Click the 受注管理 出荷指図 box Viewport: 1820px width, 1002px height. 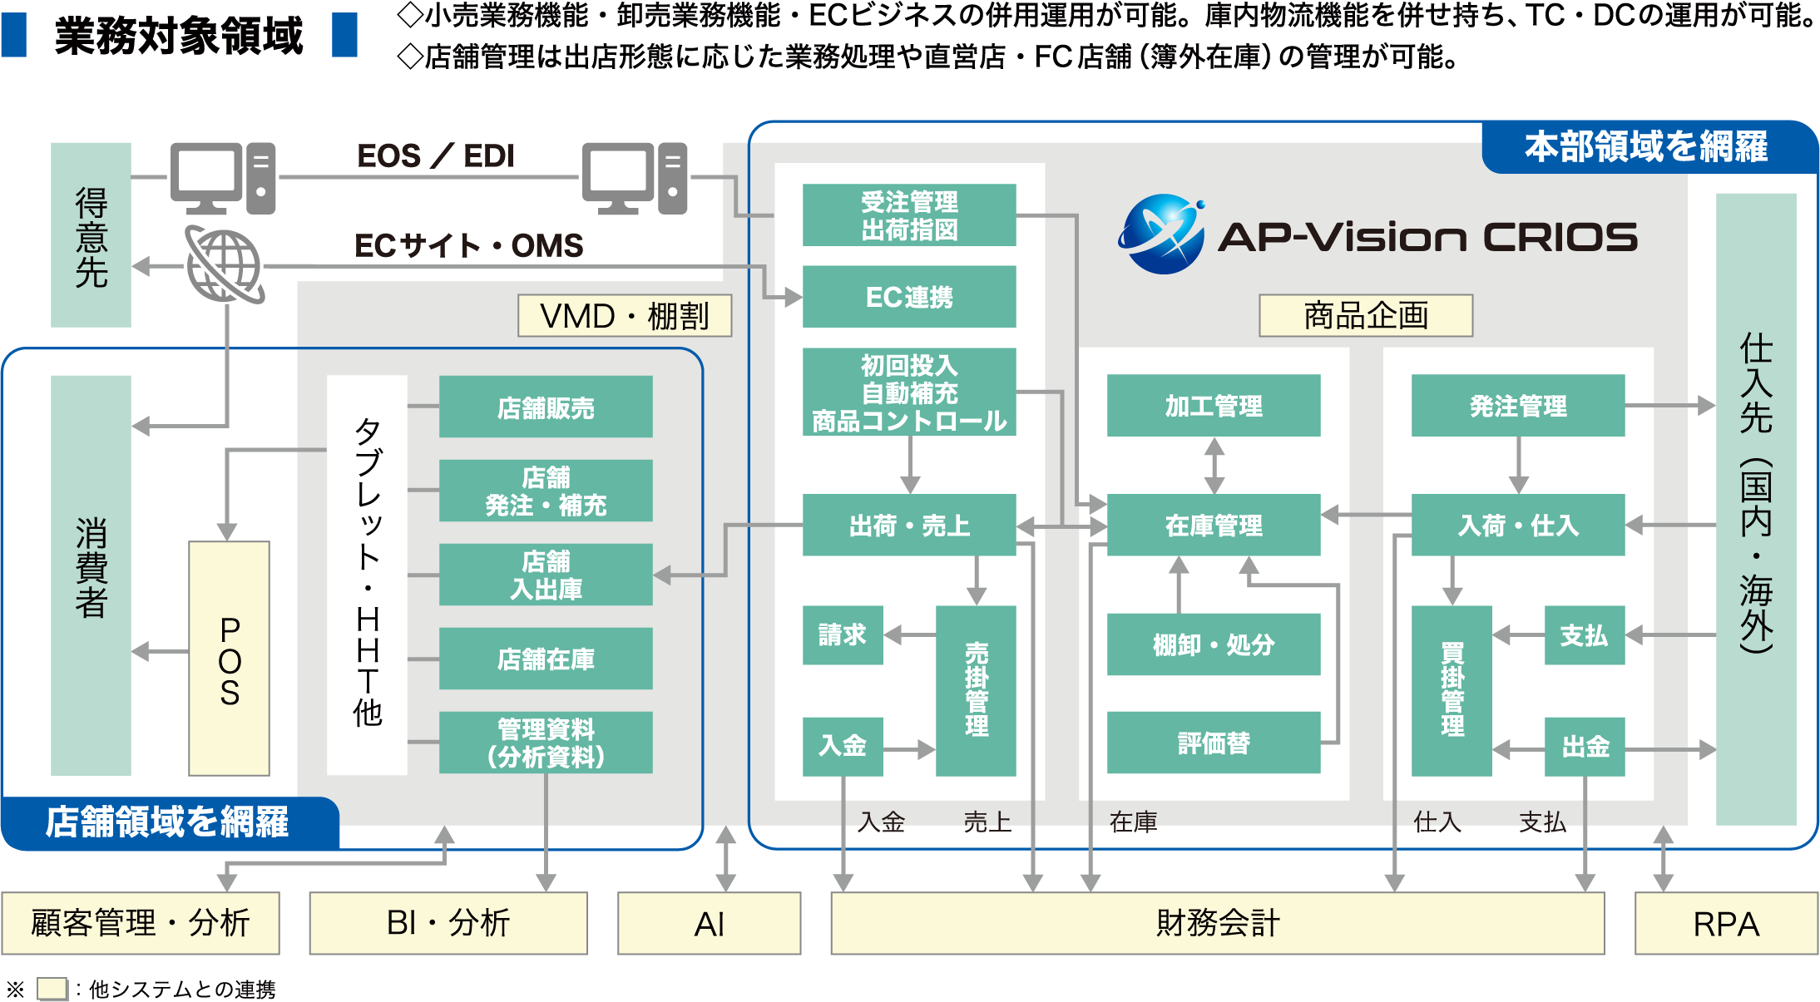pos(908,215)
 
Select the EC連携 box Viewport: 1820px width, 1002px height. pos(908,296)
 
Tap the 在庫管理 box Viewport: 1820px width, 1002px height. pos(1213,525)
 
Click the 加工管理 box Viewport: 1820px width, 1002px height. pos(1213,405)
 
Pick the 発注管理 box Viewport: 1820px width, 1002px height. pos(1517,405)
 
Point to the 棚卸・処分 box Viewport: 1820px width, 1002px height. pos(1213,644)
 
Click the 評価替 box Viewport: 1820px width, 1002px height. pos(1213,742)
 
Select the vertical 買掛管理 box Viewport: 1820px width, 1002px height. pos(1452,690)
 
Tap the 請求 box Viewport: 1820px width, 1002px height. pos(842,634)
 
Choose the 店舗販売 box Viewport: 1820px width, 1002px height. pos(545,407)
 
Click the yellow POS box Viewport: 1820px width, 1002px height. pos(229,659)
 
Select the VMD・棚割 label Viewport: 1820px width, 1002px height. pos(624,315)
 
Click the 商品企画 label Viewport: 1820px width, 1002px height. pos(1365,315)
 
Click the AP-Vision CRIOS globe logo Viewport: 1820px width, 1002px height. pos(1161,234)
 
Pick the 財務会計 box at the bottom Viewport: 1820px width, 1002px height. pos(1216,923)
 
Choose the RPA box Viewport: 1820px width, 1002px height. pos(1725,923)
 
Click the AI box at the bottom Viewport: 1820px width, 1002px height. pos(709,923)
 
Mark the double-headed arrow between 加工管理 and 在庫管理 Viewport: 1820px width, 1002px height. pos(1214,465)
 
